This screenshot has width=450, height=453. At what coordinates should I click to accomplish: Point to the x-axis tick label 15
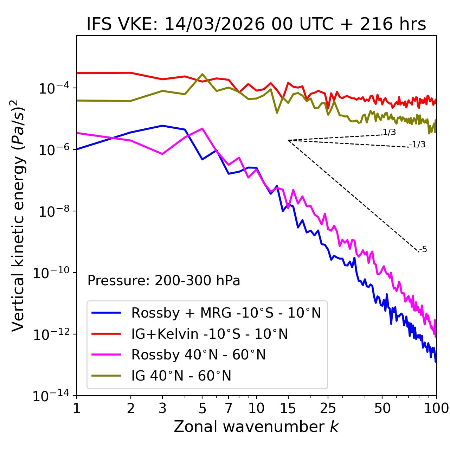pos(288,408)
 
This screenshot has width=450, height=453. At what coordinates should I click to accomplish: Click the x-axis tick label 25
pos(328,408)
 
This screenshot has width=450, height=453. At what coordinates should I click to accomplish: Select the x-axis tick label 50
pos(382,408)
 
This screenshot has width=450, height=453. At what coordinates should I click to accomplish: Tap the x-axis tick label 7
pos(229,408)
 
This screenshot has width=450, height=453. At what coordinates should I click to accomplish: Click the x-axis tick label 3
pos(162,408)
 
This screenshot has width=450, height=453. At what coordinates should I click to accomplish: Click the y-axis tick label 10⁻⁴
pos(53,89)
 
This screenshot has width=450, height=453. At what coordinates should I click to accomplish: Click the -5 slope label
pos(423,249)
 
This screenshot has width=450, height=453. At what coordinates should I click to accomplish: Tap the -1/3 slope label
pos(418,145)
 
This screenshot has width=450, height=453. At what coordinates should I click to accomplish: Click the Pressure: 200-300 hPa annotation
pos(163,281)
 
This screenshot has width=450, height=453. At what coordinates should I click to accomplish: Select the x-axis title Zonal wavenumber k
pos(256,427)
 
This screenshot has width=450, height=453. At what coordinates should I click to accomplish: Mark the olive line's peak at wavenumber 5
pos(202,74)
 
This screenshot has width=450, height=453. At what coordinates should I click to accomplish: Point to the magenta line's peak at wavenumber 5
pos(202,128)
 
